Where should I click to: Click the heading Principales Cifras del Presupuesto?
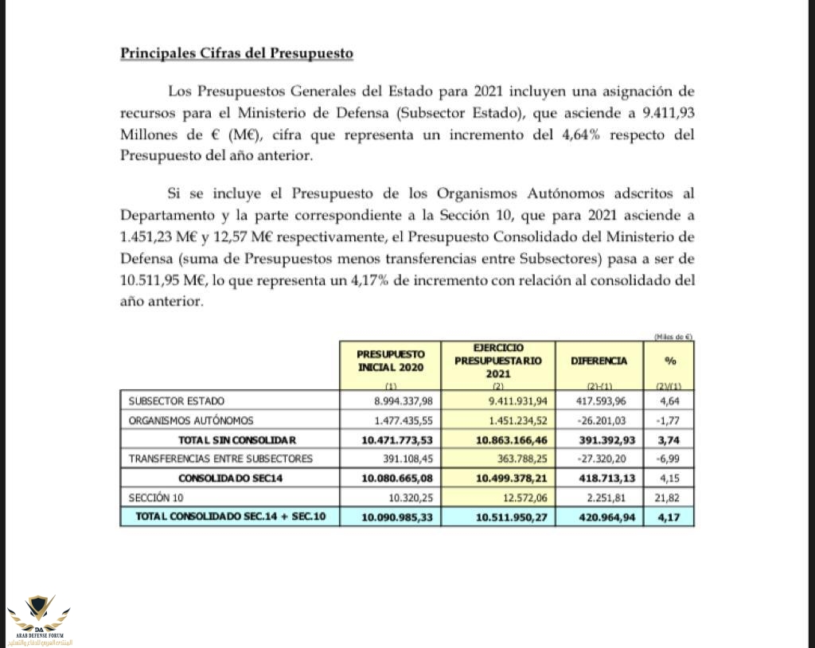click(236, 53)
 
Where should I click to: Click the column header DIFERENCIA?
click(599, 361)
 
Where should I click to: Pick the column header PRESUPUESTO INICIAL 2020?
click(391, 360)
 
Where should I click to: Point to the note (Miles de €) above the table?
click(673, 337)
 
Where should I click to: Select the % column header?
click(670, 361)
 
